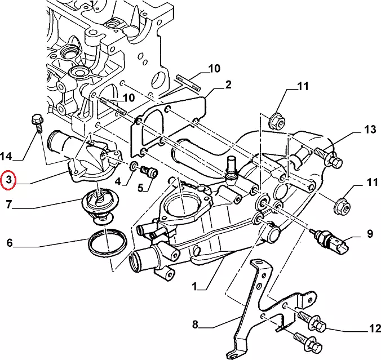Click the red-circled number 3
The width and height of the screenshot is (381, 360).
pyautogui.click(x=8, y=180)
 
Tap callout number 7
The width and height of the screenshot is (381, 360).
pyautogui.click(x=8, y=205)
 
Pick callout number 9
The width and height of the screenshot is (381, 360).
pyautogui.click(x=370, y=233)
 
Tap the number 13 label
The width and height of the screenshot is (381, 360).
pyautogui.click(x=370, y=130)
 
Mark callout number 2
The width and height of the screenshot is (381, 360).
pyautogui.click(x=228, y=85)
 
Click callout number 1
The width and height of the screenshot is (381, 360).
pyautogui.click(x=194, y=286)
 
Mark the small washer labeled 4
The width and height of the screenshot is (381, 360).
pyautogui.click(x=134, y=167)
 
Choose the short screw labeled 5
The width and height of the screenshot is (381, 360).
pyautogui.click(x=149, y=171)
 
